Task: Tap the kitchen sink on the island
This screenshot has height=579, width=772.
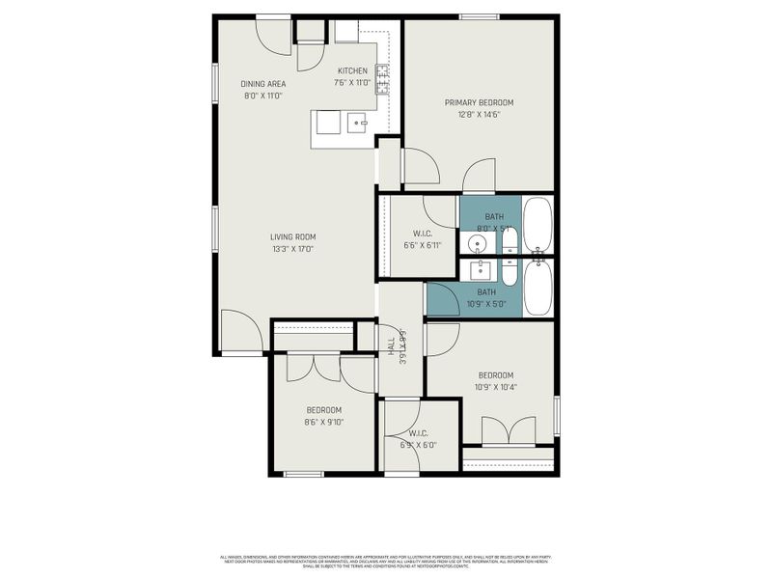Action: (x=356, y=123)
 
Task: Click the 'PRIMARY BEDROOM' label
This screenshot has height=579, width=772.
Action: (x=479, y=102)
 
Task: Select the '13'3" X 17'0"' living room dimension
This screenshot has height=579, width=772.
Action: (x=292, y=249)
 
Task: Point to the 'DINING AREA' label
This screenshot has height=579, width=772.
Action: (x=263, y=84)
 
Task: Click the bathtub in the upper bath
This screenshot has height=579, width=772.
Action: (x=538, y=226)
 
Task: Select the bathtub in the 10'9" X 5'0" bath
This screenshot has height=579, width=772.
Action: (x=538, y=288)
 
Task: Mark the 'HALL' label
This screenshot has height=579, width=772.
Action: (x=391, y=346)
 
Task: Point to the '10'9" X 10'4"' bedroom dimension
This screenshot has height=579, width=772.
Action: (x=495, y=387)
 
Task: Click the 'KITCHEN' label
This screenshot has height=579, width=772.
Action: (x=352, y=71)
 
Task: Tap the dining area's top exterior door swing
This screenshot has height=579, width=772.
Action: (x=273, y=35)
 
